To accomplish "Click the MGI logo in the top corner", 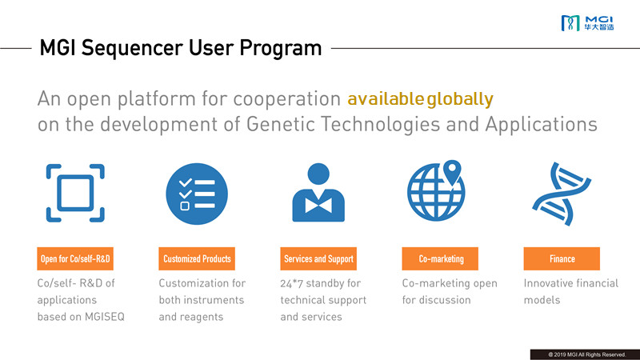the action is [587, 23].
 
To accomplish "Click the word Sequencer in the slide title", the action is [132, 48].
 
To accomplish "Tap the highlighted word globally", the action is [460, 98].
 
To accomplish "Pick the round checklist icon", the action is [197, 194].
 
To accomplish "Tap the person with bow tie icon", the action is [318, 193].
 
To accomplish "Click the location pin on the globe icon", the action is [452, 173].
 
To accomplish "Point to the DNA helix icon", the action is [562, 194].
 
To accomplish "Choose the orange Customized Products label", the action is [197, 258].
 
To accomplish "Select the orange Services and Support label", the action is [318, 258].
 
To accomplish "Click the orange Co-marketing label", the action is [440, 258].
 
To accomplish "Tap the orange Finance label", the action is [562, 258].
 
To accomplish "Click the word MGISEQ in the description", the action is [105, 317].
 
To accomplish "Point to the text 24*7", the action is [291, 283].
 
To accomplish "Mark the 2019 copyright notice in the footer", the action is [587, 354].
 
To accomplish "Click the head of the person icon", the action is [318, 174].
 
